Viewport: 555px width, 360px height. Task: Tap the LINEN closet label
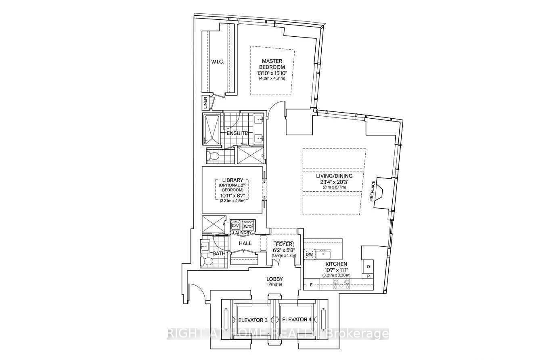pos(205,103)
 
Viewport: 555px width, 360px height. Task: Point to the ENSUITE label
pos(237,133)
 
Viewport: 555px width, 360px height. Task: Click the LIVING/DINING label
pos(334,176)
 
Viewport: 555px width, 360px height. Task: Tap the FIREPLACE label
pos(373,192)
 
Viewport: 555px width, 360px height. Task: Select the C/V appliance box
pos(235,226)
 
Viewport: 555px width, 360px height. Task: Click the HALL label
pos(245,243)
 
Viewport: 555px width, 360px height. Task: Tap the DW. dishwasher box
pos(309,255)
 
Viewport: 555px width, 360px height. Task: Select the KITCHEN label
pos(335,264)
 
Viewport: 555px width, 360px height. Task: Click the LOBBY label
pos(274,279)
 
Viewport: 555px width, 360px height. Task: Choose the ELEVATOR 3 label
pos(253,320)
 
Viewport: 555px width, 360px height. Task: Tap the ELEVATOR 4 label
pos(297,320)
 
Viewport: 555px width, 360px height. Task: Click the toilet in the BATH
pos(208,261)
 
